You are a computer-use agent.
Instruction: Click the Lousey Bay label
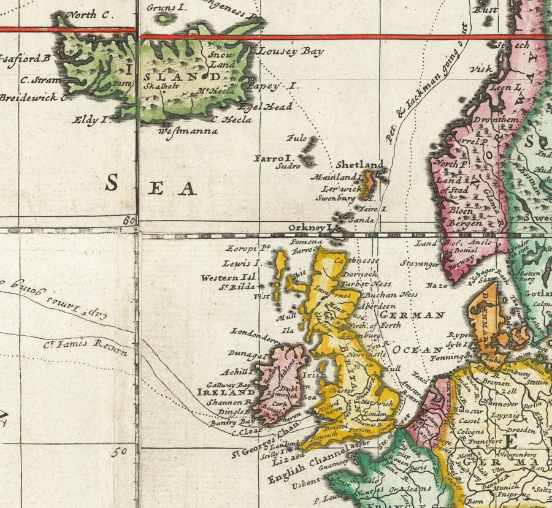[x=290, y=52]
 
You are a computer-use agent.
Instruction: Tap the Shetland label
[x=360, y=165]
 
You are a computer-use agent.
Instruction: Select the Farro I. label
[x=274, y=158]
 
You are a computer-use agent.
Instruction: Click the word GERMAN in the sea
[x=412, y=316]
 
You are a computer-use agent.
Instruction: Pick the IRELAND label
[x=226, y=392]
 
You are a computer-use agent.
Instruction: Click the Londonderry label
[x=255, y=334]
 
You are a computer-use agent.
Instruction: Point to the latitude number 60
[x=128, y=221]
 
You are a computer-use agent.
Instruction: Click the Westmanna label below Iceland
[x=188, y=131]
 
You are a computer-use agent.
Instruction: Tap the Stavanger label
[x=420, y=264]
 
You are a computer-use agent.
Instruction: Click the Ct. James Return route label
[x=86, y=347]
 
